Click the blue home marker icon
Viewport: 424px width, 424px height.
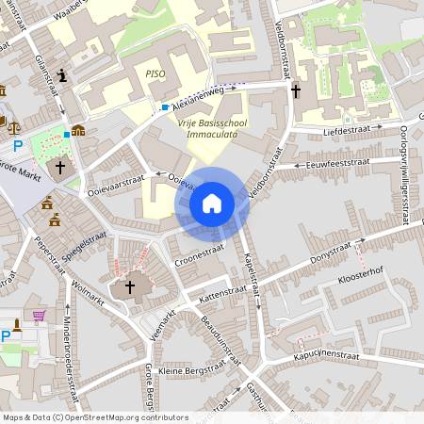[x=212, y=203]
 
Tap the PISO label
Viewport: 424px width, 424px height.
[x=155, y=73]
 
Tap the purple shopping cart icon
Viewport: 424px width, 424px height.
[x=39, y=318]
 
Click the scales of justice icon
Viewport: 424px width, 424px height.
[x=13, y=123]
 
